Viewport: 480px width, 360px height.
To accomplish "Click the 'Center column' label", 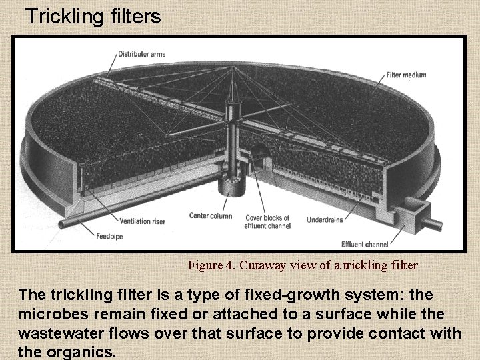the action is [x=211, y=216].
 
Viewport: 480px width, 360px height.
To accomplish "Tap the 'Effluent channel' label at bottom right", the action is [x=365, y=243].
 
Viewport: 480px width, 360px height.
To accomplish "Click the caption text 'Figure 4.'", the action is [x=209, y=265].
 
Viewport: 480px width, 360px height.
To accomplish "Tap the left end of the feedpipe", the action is [x=62, y=224].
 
